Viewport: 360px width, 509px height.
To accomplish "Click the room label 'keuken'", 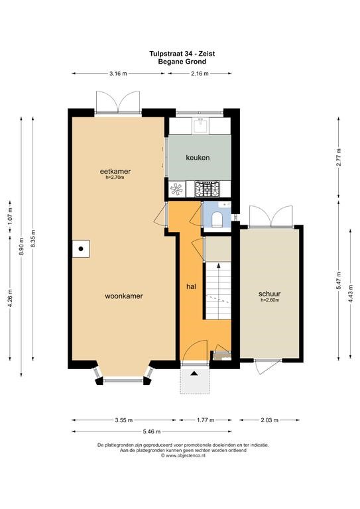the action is click(198, 158).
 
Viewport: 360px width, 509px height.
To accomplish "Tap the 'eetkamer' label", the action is click(115, 171).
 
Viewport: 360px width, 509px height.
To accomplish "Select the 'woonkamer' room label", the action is click(124, 296).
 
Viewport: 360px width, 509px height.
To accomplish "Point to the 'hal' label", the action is click(191, 286).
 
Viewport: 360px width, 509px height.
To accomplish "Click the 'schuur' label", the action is click(269, 294).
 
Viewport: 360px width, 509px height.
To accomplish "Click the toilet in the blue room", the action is click(216, 219).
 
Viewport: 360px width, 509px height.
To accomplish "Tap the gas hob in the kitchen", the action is click(207, 189).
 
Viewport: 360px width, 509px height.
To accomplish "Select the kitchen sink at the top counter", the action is click(201, 125).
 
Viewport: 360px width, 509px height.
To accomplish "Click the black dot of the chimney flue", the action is click(81, 249).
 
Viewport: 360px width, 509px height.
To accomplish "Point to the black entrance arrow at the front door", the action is click(194, 373).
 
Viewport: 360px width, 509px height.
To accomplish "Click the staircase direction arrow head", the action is click(219, 265).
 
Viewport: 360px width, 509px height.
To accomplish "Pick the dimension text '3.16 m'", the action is click(118, 74).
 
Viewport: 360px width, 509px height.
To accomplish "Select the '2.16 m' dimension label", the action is click(200, 74).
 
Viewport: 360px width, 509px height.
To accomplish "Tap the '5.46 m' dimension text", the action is click(152, 431).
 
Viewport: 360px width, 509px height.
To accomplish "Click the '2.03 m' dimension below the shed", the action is click(269, 420).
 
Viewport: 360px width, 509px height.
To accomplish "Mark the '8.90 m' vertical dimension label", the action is click(21, 247).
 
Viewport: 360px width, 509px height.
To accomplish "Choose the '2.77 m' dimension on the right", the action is click(339, 158).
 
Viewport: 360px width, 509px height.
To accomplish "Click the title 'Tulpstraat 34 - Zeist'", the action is click(182, 53).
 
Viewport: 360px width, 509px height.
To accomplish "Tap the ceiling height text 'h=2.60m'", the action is click(270, 300).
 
